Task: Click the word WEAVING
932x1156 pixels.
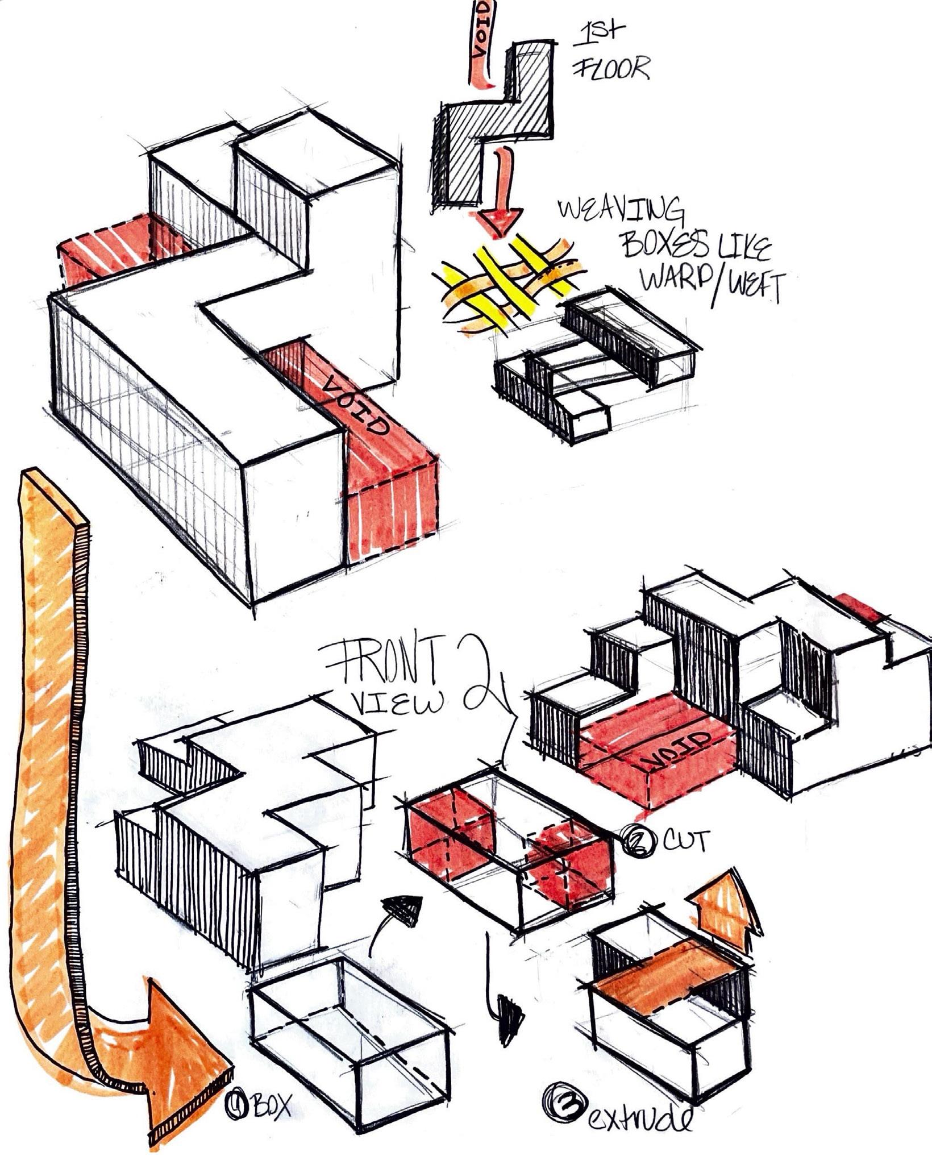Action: click(x=621, y=212)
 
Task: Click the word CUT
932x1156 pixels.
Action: click(x=686, y=841)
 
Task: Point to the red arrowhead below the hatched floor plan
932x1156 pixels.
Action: click(x=498, y=219)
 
